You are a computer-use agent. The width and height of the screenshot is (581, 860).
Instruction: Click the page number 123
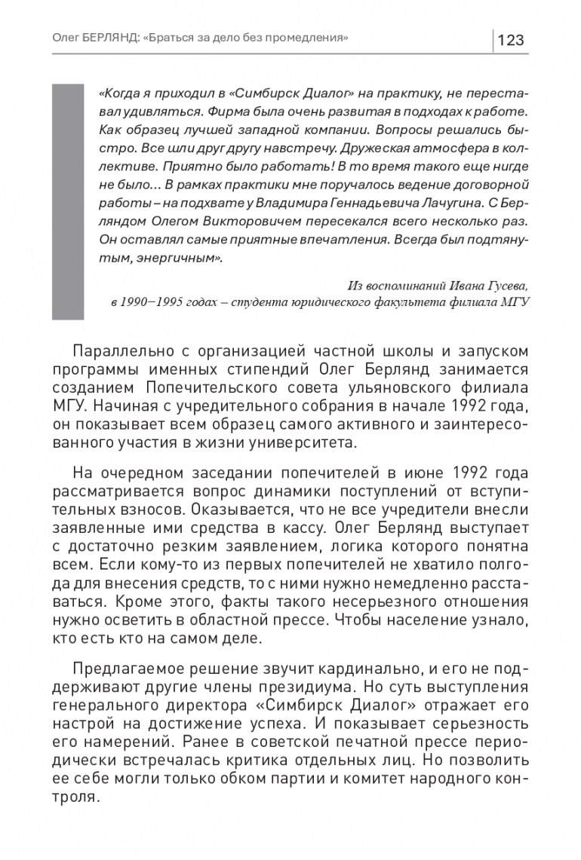point(511,39)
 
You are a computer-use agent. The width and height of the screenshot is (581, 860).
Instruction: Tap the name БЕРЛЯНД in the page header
point(112,37)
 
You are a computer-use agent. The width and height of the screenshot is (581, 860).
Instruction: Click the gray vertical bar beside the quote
point(68,202)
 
